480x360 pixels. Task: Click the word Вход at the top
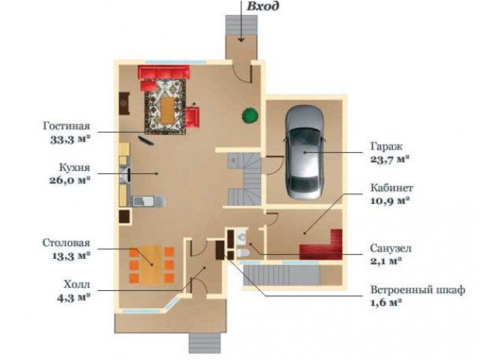point(262,6)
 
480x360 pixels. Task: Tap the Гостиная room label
point(67,126)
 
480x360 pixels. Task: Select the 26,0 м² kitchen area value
point(70,180)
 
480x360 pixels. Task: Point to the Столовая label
point(66,243)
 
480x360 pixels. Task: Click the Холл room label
point(76,284)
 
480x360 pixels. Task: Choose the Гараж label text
point(386,146)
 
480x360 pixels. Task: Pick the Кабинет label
point(391,187)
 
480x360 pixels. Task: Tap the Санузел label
point(391,248)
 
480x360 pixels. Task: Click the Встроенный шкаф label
point(418,289)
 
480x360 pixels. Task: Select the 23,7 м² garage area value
point(390,160)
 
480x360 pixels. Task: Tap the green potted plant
point(250,115)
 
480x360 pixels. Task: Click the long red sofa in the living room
point(164,72)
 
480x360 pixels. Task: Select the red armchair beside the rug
point(192,117)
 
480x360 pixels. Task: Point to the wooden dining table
point(151,265)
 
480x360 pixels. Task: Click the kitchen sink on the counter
point(144,201)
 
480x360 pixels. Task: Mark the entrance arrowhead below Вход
point(241,40)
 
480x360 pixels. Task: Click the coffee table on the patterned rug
point(166,110)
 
